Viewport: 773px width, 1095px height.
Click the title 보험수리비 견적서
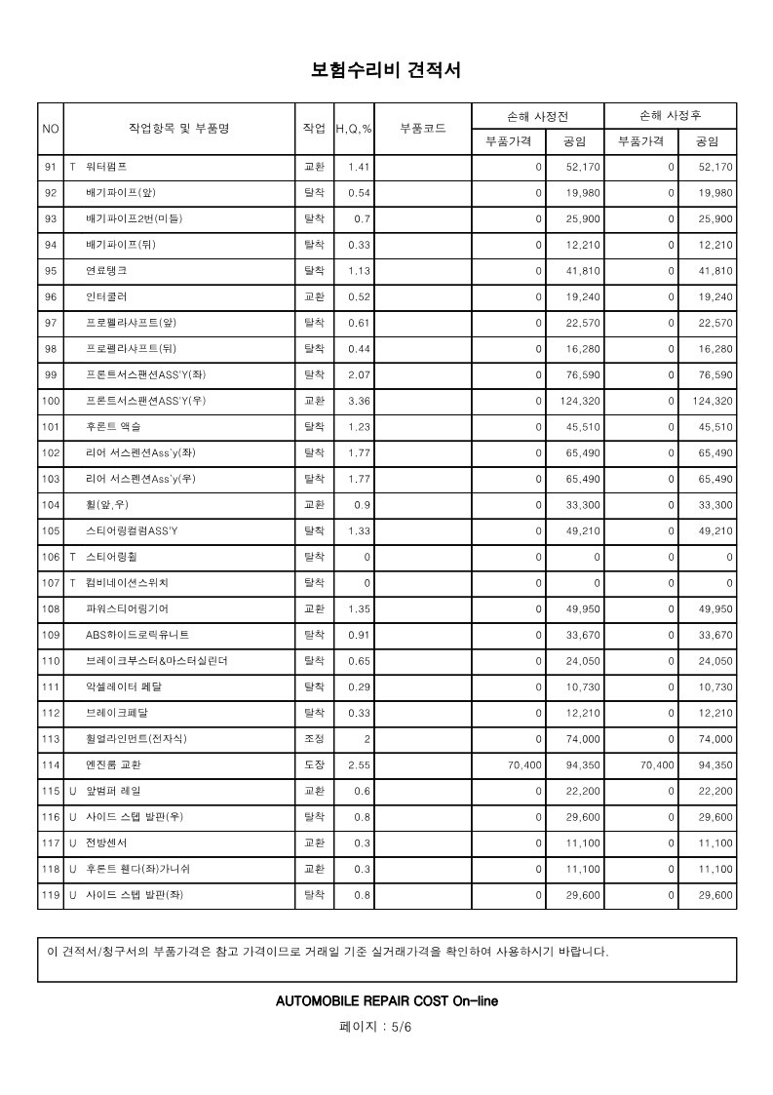pyautogui.click(x=385, y=70)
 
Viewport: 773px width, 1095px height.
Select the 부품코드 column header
pyautogui.click(x=423, y=129)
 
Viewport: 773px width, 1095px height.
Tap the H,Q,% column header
pyautogui.click(x=354, y=129)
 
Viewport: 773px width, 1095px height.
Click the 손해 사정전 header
pyautogui.click(x=538, y=116)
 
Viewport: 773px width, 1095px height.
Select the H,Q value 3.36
pyautogui.click(x=359, y=401)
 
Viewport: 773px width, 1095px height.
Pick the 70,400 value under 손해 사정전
pyautogui.click(x=524, y=765)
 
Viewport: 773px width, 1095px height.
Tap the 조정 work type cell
pyautogui.click(x=314, y=739)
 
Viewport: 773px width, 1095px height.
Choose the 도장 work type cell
pyautogui.click(x=314, y=765)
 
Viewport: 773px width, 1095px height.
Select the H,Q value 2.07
pyautogui.click(x=359, y=374)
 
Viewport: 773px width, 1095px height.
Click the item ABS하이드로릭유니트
pyautogui.click(x=137, y=635)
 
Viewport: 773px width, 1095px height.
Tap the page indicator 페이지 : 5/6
pyautogui.click(x=375, y=1027)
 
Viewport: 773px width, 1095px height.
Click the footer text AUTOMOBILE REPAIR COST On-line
pyautogui.click(x=387, y=1000)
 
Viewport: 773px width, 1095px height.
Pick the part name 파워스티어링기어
pyautogui.click(x=127, y=608)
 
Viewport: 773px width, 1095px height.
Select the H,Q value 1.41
pyautogui.click(x=359, y=168)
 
